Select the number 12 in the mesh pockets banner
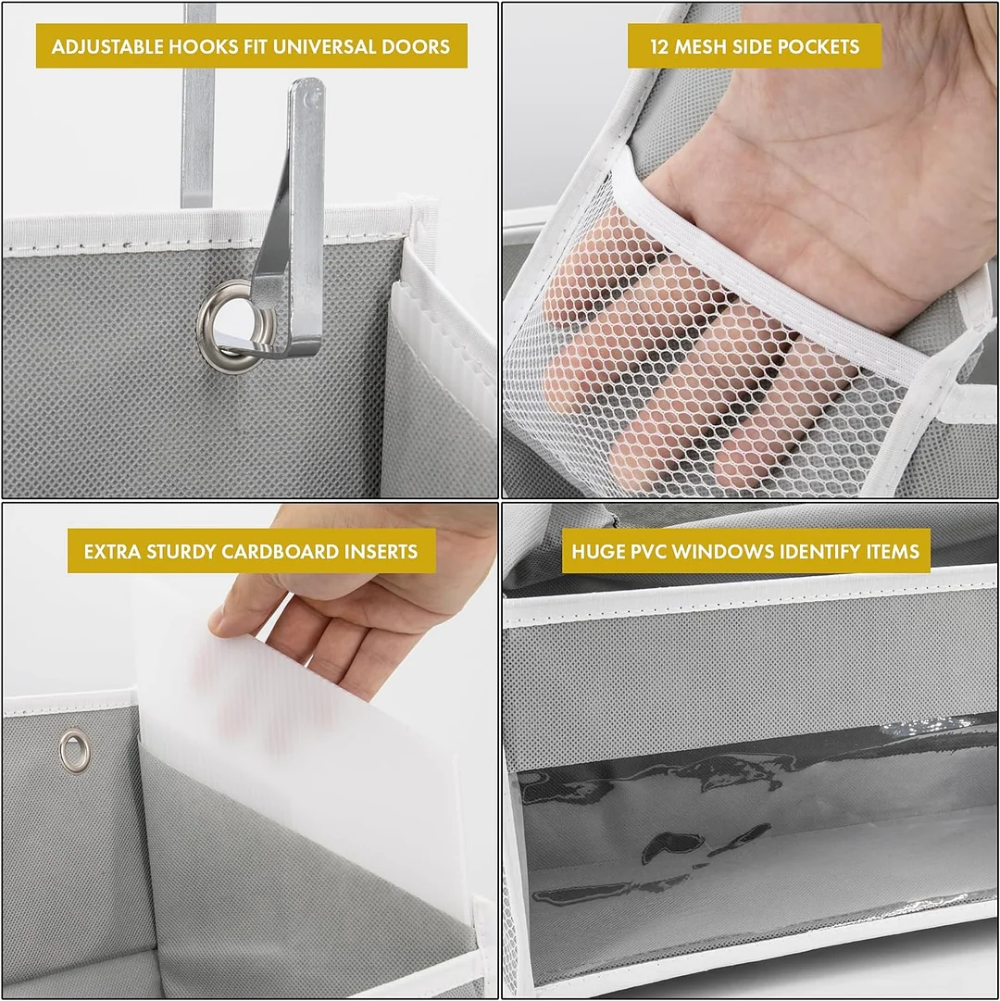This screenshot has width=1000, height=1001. pyautogui.click(x=660, y=45)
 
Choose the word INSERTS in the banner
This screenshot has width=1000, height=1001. pyautogui.click(x=380, y=552)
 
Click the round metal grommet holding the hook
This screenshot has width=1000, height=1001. pyautogui.click(x=223, y=324)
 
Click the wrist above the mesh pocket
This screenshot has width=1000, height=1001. pyautogui.click(x=833, y=185)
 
